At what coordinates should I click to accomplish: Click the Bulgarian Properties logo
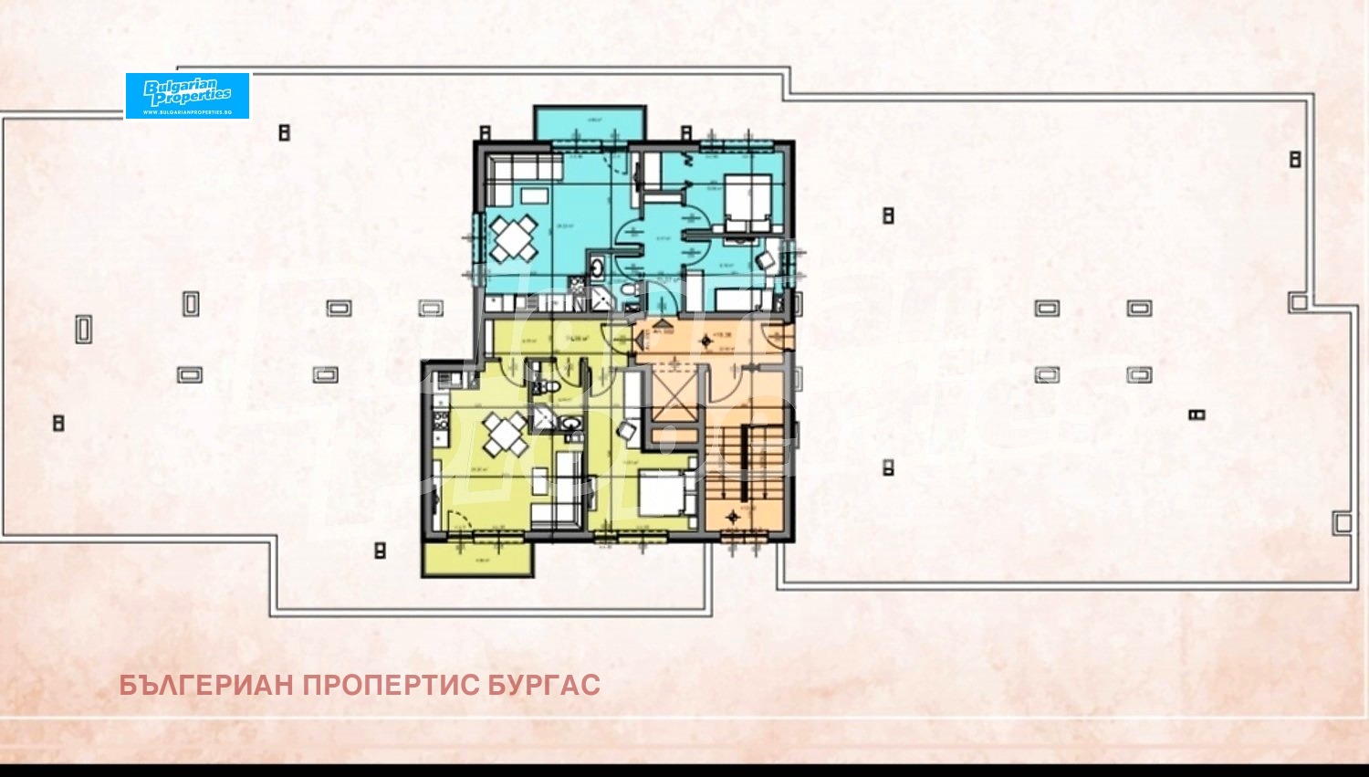pos(187,95)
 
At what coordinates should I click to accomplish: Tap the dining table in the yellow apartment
pos(504,434)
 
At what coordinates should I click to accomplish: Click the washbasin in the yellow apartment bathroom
pos(570,424)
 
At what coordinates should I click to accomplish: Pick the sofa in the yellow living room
pos(567,488)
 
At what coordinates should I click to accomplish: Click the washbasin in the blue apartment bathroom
pos(595,268)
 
